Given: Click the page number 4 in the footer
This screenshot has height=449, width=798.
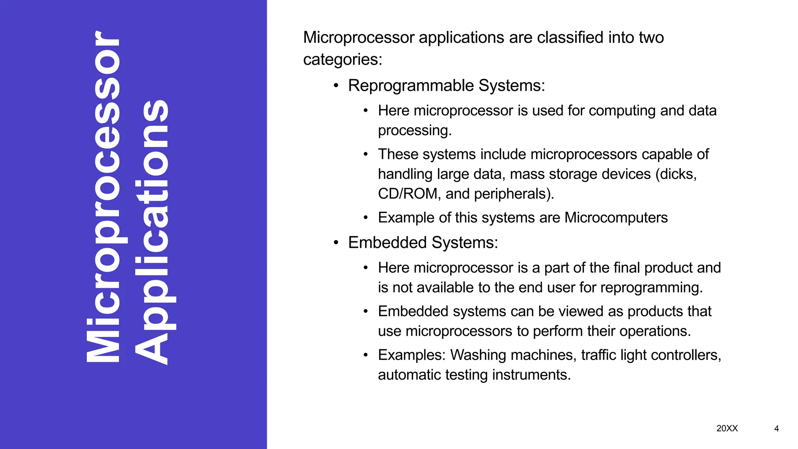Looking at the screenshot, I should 776,429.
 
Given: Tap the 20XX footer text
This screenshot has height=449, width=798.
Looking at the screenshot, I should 727,428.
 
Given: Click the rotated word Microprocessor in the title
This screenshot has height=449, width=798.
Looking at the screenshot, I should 103,197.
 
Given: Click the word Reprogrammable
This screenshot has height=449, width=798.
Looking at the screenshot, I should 411,85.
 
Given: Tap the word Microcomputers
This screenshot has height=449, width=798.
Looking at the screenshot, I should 616,217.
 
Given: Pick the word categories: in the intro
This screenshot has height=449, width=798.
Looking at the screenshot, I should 343,60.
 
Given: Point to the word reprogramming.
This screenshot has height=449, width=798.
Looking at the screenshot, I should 651,288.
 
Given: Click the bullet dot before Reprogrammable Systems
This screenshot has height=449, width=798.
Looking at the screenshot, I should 336,86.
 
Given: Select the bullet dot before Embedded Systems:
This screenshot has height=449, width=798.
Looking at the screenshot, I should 336,243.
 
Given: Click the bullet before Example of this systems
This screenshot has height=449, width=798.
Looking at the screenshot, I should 365,218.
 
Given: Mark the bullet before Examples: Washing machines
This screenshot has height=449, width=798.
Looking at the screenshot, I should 365,355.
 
